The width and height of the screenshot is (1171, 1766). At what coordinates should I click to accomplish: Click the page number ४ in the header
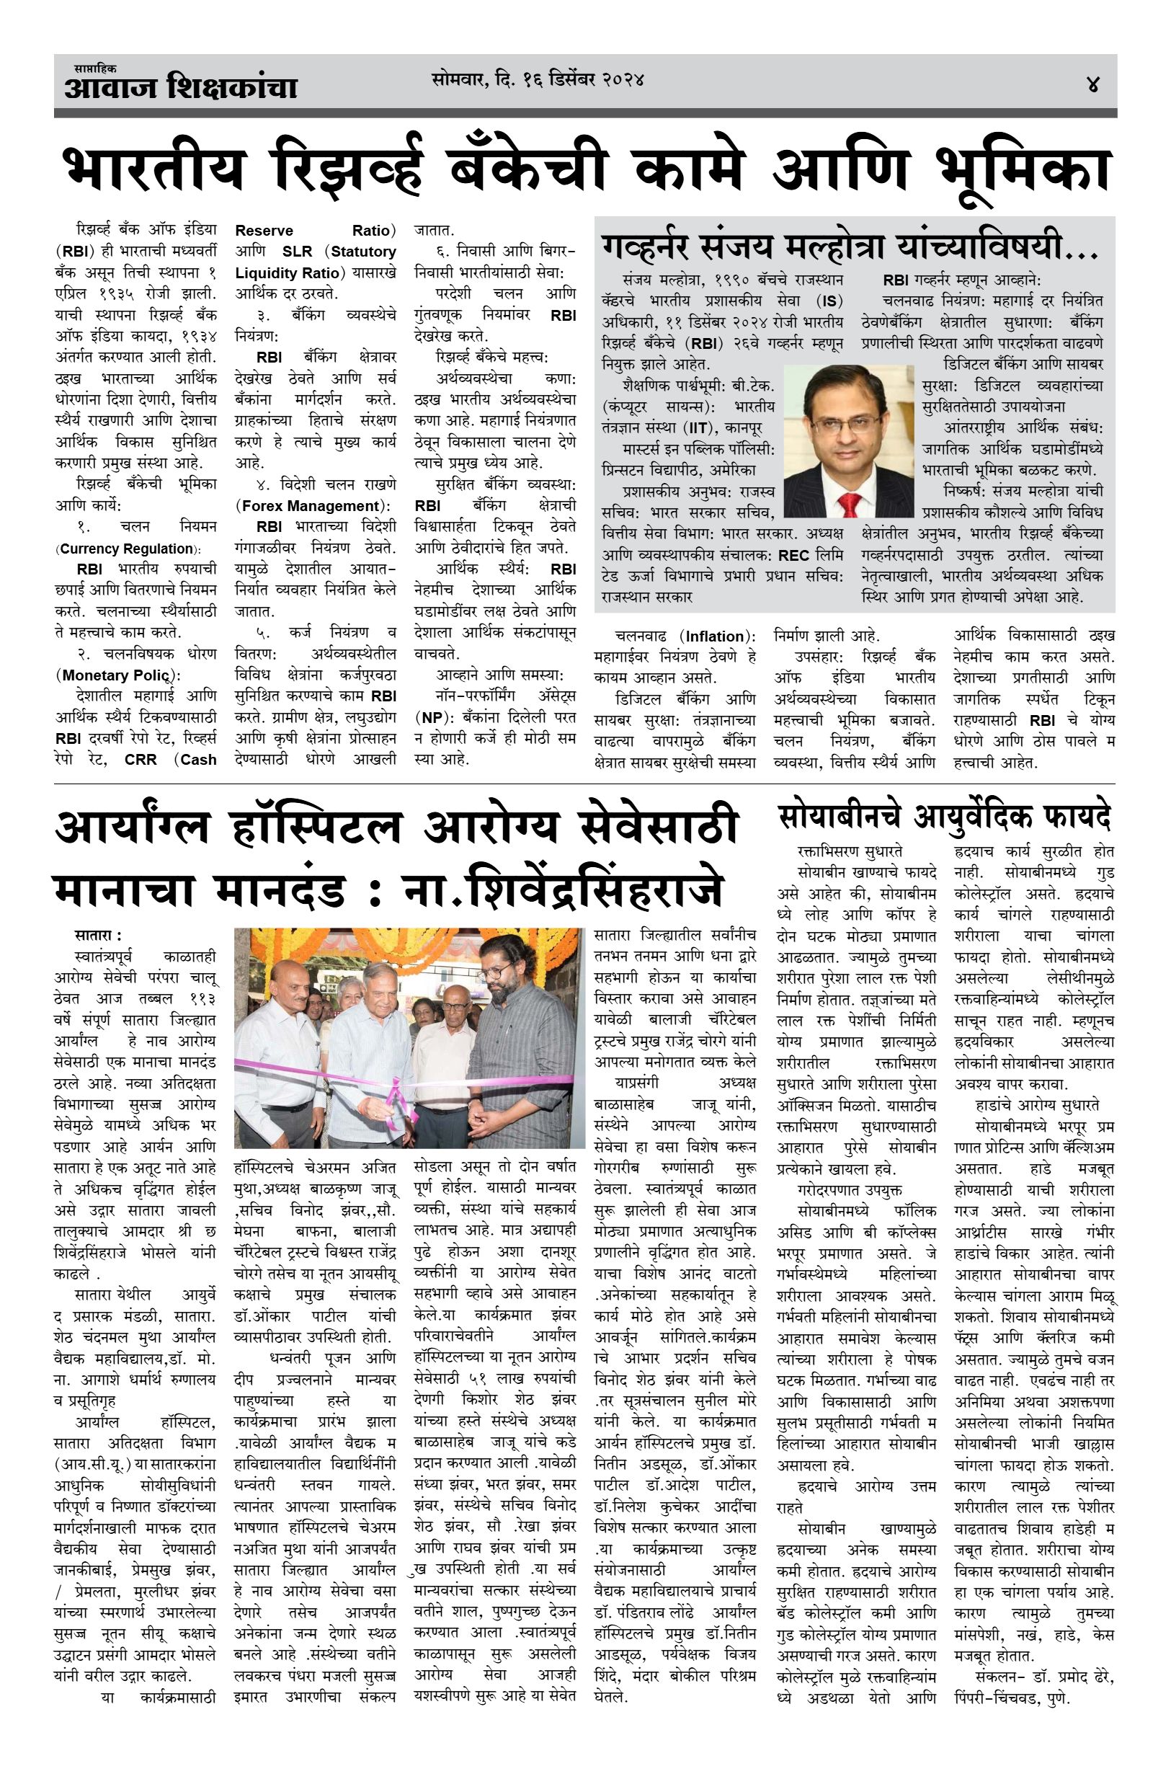pyautogui.click(x=1093, y=83)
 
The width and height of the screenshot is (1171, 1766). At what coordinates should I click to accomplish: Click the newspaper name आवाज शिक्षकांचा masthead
pyautogui.click(x=181, y=88)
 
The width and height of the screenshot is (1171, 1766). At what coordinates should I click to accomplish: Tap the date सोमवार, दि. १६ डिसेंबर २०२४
pyautogui.click(x=538, y=79)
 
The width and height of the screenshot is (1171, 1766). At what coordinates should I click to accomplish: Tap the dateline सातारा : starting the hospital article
pyautogui.click(x=97, y=936)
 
